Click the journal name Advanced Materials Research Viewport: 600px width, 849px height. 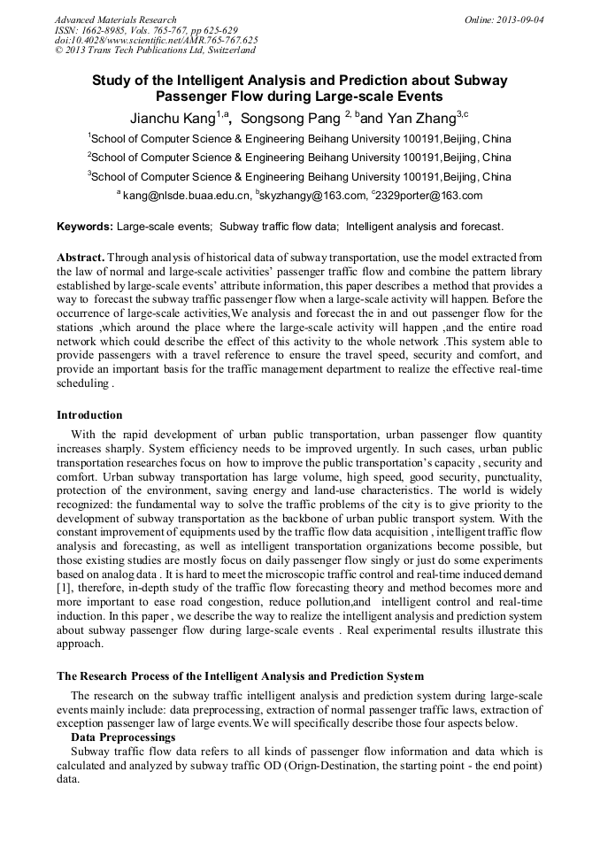coord(115,19)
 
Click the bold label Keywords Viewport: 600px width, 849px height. coord(85,227)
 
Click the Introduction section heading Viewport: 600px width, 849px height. coord(89,415)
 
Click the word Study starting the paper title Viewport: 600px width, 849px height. coord(112,81)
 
